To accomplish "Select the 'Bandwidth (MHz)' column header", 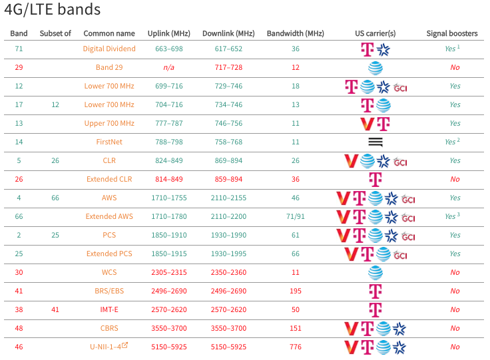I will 295,33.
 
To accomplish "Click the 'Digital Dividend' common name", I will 109,49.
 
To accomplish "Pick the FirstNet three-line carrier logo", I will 375,142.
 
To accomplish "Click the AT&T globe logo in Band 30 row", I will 375,272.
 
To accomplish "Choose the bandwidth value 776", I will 295,347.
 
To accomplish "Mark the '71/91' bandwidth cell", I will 295,216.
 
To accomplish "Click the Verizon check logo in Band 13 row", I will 366,123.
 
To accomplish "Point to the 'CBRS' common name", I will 109,328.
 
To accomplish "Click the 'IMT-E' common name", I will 109,309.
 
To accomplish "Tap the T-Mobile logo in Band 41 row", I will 375,291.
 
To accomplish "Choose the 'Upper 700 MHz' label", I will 109,123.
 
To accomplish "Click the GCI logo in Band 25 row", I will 400,254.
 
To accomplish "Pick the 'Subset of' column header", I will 55,33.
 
